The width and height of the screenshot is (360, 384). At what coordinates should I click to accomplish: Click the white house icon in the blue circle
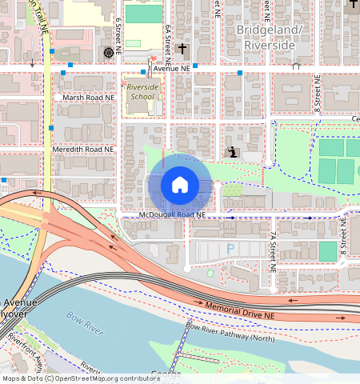pyautogui.click(x=180, y=186)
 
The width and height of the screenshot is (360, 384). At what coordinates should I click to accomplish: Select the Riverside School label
pyautogui.click(x=142, y=90)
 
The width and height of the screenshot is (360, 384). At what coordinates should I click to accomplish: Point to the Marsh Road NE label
pyautogui.click(x=89, y=98)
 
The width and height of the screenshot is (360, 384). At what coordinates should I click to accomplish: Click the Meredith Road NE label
pyautogui.click(x=84, y=149)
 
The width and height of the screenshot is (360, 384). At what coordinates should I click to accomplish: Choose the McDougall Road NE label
pyautogui.click(x=171, y=215)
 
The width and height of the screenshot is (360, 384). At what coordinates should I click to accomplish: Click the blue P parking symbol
pyautogui.click(x=231, y=250)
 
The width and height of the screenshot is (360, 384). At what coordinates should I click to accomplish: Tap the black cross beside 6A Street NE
pyautogui.click(x=182, y=50)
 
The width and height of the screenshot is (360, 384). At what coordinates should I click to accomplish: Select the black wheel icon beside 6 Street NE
pyautogui.click(x=108, y=53)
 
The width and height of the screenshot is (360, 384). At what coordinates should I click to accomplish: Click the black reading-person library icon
pyautogui.click(x=232, y=151)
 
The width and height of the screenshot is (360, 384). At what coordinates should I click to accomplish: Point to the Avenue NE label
pyautogui.click(x=171, y=70)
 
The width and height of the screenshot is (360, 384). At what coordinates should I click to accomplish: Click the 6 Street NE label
pyautogui.click(x=118, y=35)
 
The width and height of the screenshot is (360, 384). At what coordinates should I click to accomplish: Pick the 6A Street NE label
pyautogui.click(x=168, y=43)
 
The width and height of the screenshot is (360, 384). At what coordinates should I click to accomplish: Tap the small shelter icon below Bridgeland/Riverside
pyautogui.click(x=297, y=65)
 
